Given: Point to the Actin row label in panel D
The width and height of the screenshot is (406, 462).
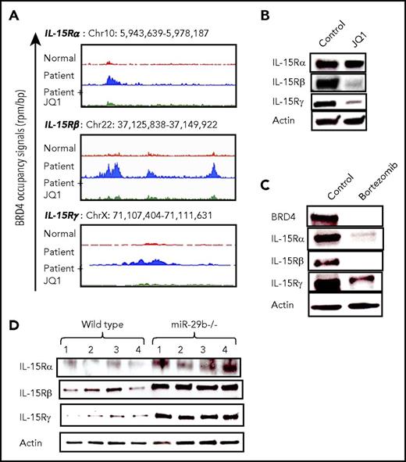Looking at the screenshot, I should click(34, 445).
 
